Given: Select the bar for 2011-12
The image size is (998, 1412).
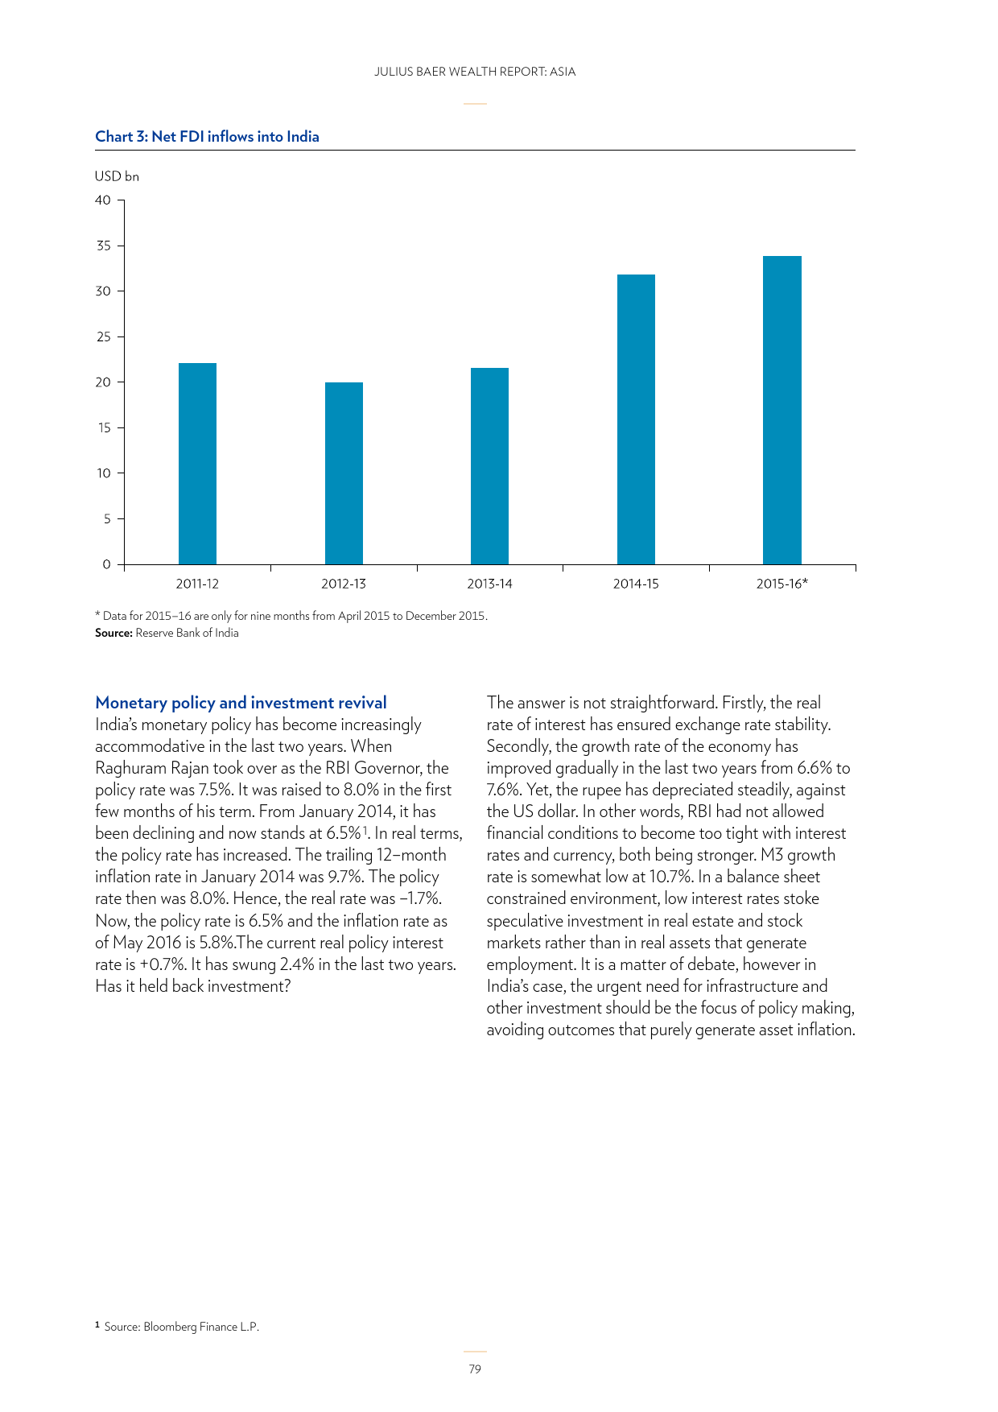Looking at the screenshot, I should [197, 464].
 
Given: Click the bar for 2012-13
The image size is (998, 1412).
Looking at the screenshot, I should [344, 473].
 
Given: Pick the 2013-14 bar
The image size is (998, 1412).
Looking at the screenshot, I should [489, 466].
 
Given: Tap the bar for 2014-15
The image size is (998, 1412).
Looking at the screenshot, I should [636, 419].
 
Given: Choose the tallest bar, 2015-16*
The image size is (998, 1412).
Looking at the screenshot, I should [781, 410].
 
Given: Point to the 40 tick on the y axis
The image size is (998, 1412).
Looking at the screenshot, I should [103, 200].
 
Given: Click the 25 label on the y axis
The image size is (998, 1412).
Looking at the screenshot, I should [103, 336].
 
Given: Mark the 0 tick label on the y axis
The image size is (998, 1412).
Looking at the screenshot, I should [106, 564].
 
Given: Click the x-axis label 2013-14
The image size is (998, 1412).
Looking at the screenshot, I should [489, 584].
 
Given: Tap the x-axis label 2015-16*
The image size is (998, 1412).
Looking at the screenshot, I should [781, 584].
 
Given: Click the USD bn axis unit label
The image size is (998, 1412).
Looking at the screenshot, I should [117, 176].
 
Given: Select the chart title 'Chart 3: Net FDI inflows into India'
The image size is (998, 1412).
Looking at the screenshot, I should [207, 137].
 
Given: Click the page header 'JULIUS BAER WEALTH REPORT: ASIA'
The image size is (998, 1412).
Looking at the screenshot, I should [475, 72].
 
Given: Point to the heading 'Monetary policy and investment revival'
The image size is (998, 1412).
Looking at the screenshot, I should [241, 703].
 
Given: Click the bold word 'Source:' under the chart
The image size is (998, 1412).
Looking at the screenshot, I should [113, 633].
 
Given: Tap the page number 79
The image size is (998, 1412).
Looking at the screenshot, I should [475, 1369].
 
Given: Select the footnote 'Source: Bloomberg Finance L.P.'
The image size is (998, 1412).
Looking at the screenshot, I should [181, 1327].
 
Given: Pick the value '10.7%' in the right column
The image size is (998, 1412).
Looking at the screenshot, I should [670, 877].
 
